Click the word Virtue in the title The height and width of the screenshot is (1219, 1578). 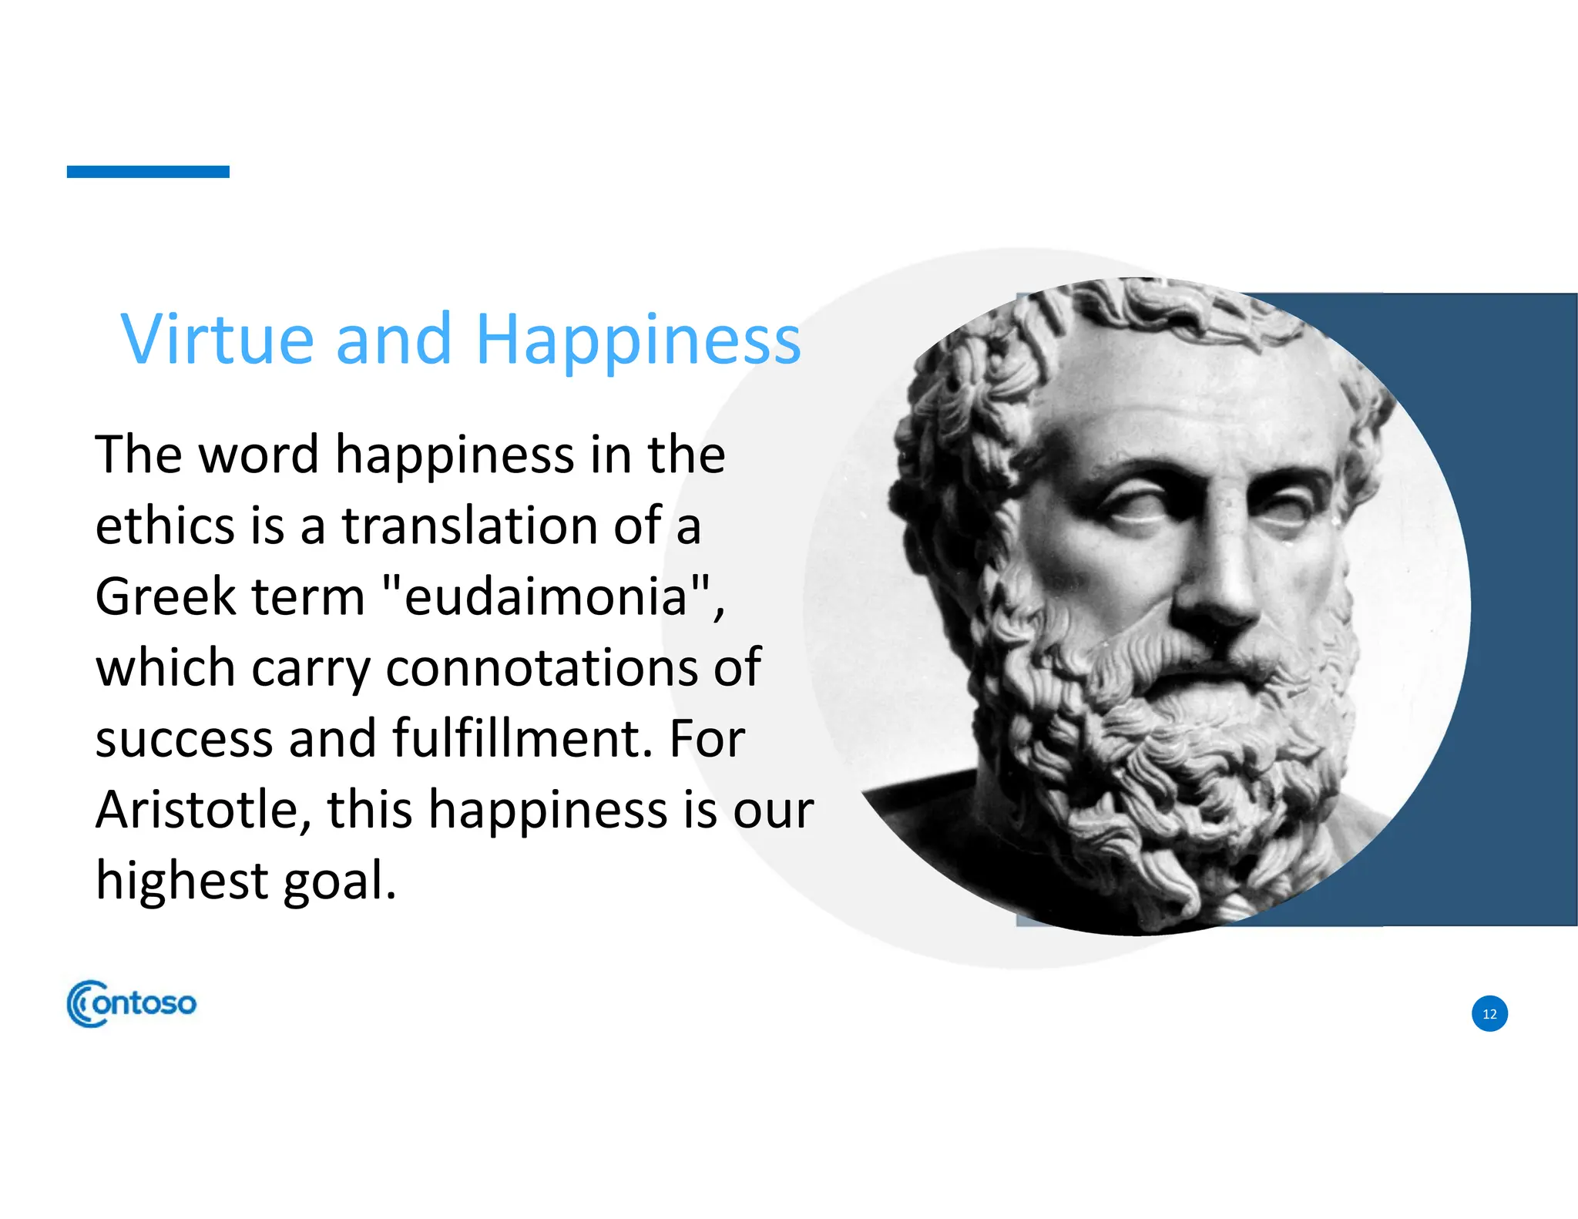pos(217,339)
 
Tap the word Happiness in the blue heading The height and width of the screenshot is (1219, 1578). pos(638,341)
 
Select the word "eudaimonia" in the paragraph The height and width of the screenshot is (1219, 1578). pos(546,597)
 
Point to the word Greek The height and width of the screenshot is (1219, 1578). pos(165,597)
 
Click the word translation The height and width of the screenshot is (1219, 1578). pos(470,526)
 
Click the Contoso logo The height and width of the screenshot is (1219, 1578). pos(132,1003)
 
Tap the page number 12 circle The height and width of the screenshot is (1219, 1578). pos(1489,1013)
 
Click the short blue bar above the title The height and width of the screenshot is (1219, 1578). pos(148,171)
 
